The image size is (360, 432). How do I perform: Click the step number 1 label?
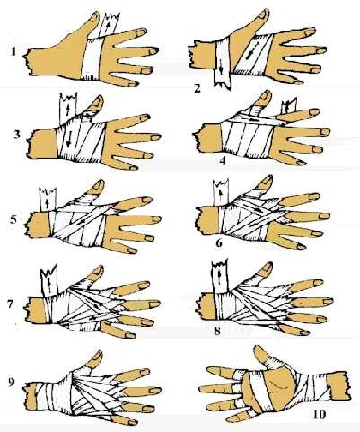click(13, 52)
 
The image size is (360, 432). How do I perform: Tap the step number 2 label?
click(198, 89)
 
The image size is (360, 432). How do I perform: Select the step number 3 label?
click(17, 135)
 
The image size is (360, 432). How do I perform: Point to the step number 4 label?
click(223, 161)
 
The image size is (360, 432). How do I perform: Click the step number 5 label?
click(13, 220)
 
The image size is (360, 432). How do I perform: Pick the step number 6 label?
click(219, 243)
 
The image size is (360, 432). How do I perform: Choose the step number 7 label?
click(10, 304)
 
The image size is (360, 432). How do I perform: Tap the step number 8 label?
click(217, 331)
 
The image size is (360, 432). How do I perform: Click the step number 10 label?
click(320, 414)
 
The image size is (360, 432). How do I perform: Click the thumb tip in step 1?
click(96, 14)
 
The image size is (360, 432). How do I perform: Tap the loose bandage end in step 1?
click(110, 25)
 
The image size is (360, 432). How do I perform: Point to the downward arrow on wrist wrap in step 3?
click(68, 140)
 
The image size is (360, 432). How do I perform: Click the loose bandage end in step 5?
click(48, 199)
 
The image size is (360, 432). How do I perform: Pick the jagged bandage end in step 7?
click(49, 280)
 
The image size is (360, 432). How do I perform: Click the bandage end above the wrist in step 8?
click(220, 276)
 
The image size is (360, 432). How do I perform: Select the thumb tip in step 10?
click(258, 348)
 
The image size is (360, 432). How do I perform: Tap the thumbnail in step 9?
click(98, 355)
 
